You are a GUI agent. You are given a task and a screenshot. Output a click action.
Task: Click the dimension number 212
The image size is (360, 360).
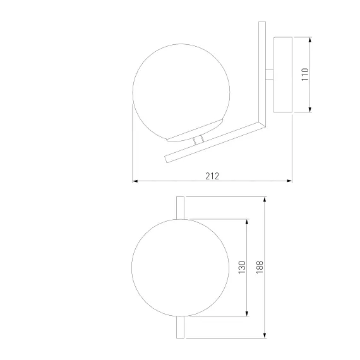[x=212, y=176]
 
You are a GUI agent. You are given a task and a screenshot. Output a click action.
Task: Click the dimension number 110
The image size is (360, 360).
[x=305, y=74]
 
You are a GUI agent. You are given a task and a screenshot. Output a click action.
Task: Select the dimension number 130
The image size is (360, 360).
[x=242, y=267]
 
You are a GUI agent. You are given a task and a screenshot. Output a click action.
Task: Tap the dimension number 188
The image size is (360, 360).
[x=260, y=267]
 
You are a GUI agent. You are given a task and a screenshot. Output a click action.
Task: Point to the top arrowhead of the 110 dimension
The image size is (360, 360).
[x=310, y=40]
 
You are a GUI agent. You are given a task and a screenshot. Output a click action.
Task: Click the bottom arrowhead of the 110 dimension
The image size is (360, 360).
[x=310, y=110]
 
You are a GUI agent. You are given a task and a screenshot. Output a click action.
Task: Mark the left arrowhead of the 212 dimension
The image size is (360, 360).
[x=135, y=181]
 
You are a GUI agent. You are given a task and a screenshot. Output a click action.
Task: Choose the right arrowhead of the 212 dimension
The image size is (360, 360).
[x=289, y=181]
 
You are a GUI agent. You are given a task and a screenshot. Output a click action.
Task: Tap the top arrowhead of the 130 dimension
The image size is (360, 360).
[x=247, y=222]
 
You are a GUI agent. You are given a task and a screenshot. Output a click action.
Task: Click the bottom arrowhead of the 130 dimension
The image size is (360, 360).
[x=247, y=314]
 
